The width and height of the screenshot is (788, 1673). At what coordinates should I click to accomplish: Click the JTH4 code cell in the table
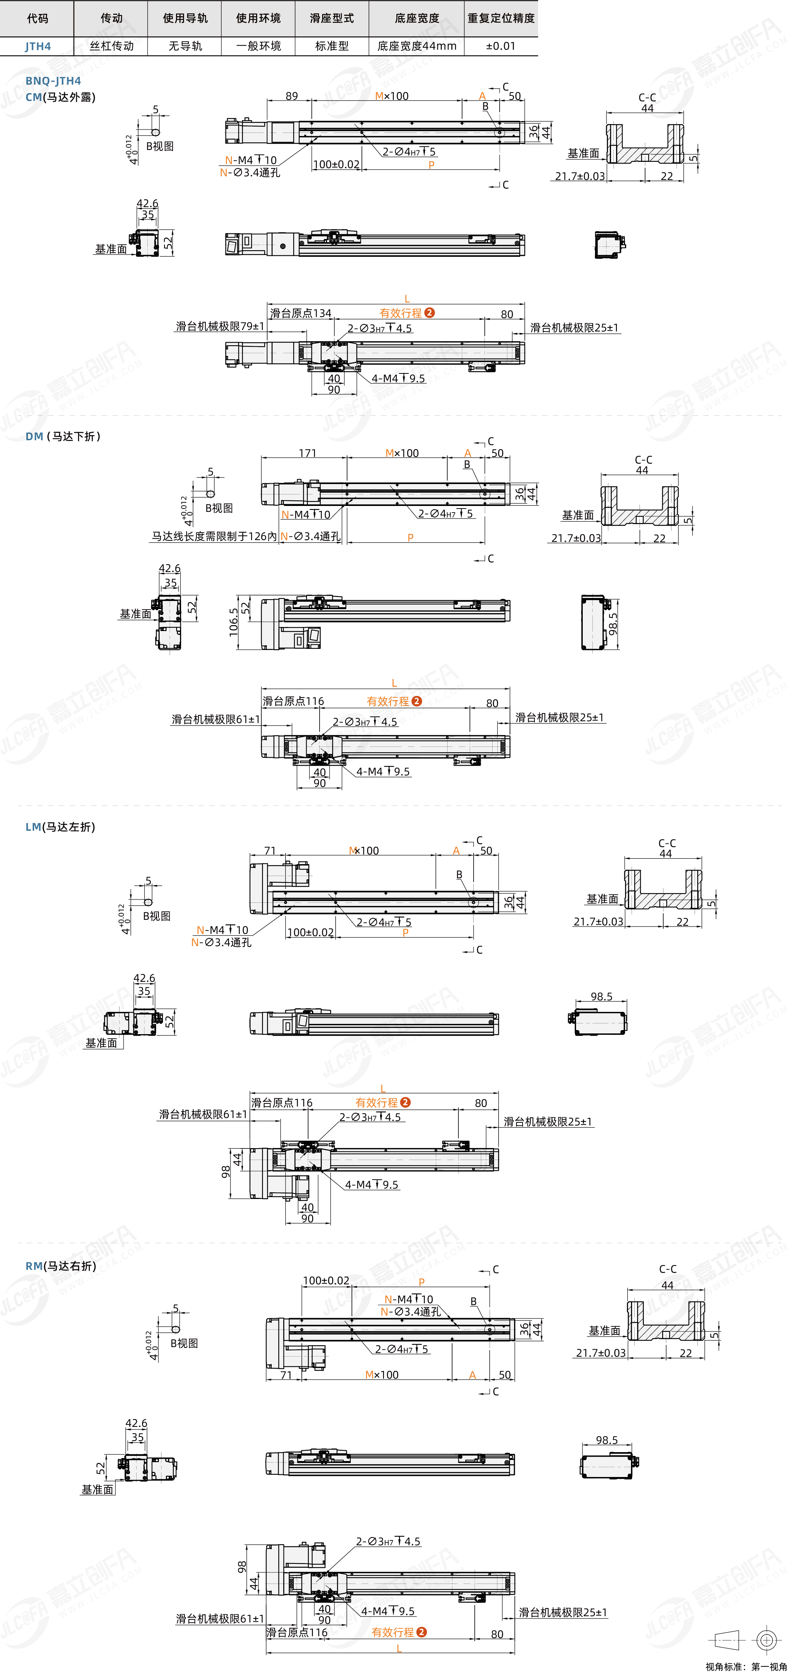38,46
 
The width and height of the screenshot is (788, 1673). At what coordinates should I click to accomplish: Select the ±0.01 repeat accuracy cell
500,46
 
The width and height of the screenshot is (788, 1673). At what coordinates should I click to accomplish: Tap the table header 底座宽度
416,18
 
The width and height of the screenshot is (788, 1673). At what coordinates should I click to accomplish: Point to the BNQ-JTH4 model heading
53,81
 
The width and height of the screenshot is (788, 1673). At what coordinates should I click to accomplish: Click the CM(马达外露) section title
61,97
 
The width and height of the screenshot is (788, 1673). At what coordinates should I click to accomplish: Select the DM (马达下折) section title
63,437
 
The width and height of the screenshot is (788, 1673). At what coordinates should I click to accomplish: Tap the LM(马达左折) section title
61,827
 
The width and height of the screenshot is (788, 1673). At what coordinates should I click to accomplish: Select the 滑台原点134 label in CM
300,313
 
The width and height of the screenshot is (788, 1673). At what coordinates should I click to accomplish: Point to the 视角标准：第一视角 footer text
746,1667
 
